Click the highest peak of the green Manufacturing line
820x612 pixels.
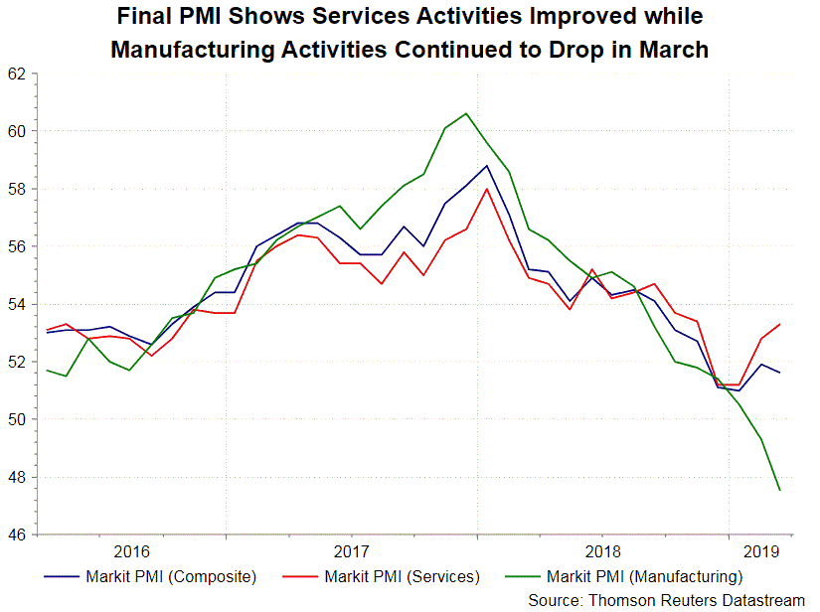[466, 113]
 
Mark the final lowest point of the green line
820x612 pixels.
[779, 490]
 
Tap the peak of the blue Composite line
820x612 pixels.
[486, 166]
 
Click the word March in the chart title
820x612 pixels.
[668, 50]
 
